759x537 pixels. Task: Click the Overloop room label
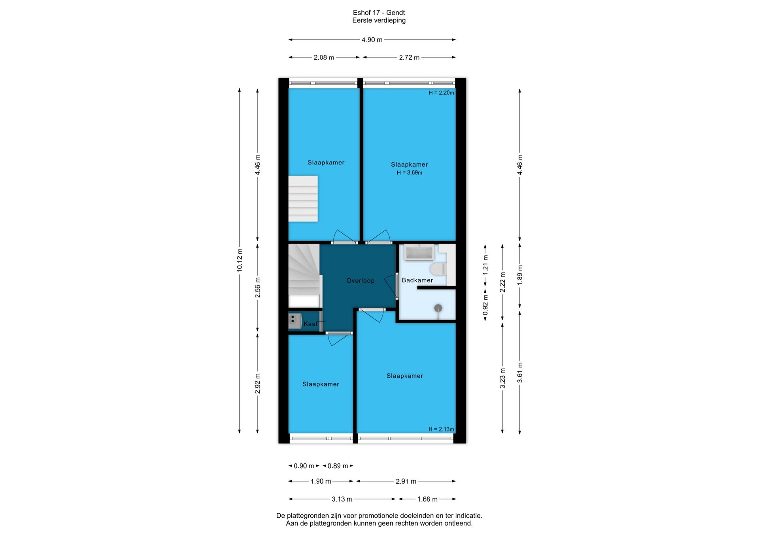point(360,281)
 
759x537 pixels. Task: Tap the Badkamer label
point(417,280)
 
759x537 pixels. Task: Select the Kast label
point(310,324)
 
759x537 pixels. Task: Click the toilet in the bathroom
point(438,269)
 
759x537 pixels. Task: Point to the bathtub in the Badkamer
point(419,252)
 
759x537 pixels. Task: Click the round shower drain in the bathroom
point(438,308)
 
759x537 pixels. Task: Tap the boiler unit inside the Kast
point(295,321)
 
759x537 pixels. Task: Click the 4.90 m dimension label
point(372,40)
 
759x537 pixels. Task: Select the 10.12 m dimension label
point(240,260)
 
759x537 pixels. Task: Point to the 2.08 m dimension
point(324,58)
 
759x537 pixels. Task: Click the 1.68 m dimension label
point(427,499)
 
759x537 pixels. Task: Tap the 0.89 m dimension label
point(338,466)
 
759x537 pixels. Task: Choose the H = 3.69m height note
point(410,173)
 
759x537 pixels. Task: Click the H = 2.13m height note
point(441,429)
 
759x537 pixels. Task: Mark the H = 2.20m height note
point(441,93)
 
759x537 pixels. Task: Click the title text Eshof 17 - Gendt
point(379,13)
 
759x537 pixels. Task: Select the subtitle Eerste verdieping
point(379,21)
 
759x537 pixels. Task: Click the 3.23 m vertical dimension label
point(503,378)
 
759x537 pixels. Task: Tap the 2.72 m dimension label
point(409,58)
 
